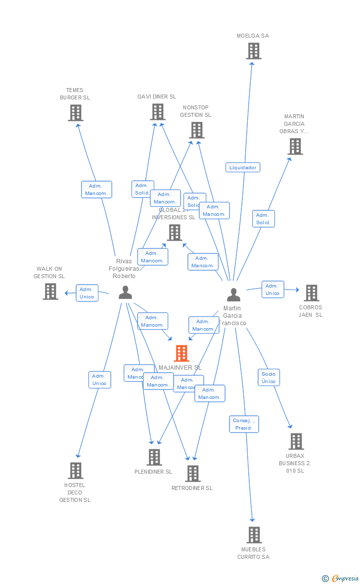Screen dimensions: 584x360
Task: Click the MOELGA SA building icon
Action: [254, 51]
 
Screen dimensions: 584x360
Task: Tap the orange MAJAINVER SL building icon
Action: [181, 353]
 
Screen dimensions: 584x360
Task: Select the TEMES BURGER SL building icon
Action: [75, 113]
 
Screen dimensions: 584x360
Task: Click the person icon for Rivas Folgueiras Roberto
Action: [125, 292]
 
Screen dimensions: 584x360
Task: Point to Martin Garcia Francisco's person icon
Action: [233, 294]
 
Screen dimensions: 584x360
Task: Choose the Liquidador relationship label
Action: [243, 167]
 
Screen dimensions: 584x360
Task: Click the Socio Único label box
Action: [269, 378]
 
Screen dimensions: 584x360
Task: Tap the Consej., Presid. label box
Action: [244, 424]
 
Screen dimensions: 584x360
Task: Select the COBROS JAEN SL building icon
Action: [311, 293]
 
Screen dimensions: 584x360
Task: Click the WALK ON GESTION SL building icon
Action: [50, 292]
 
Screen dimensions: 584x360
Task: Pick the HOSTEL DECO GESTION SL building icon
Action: [76, 471]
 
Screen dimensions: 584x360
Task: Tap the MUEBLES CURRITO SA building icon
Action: [254, 535]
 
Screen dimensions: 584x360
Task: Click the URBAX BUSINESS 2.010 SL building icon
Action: [296, 441]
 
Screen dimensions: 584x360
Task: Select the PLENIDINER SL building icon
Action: [154, 457]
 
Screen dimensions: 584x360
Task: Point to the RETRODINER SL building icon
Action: [193, 474]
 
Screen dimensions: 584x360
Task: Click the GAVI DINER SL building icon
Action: [158, 112]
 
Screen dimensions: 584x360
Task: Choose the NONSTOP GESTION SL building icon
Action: [197, 130]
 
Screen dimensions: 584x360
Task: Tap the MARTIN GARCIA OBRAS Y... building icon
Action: [295, 146]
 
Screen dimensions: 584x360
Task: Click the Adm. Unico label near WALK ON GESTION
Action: [87, 293]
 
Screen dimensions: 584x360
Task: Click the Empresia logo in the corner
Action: [341, 578]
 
